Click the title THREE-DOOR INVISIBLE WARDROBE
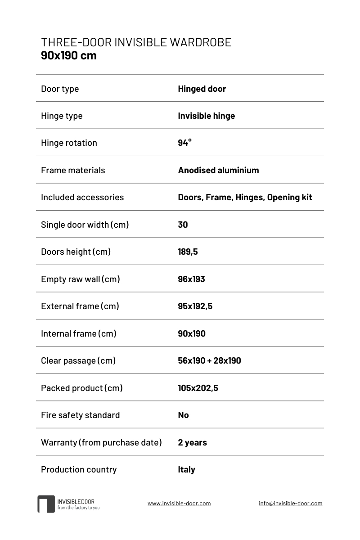136,42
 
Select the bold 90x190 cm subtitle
68,56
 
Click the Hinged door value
202,89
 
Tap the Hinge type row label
62,116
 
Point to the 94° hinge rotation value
184,143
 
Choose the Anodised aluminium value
218,170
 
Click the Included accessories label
82,197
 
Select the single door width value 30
183,225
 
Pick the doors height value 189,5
188,252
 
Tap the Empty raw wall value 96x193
191,279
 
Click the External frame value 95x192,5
195,306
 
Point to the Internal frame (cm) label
79,333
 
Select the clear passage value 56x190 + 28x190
209,360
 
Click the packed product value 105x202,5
198,388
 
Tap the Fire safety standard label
80,415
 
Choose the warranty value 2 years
192,442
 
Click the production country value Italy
186,469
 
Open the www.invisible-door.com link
179,504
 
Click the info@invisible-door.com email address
290,504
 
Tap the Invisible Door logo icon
46,504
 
